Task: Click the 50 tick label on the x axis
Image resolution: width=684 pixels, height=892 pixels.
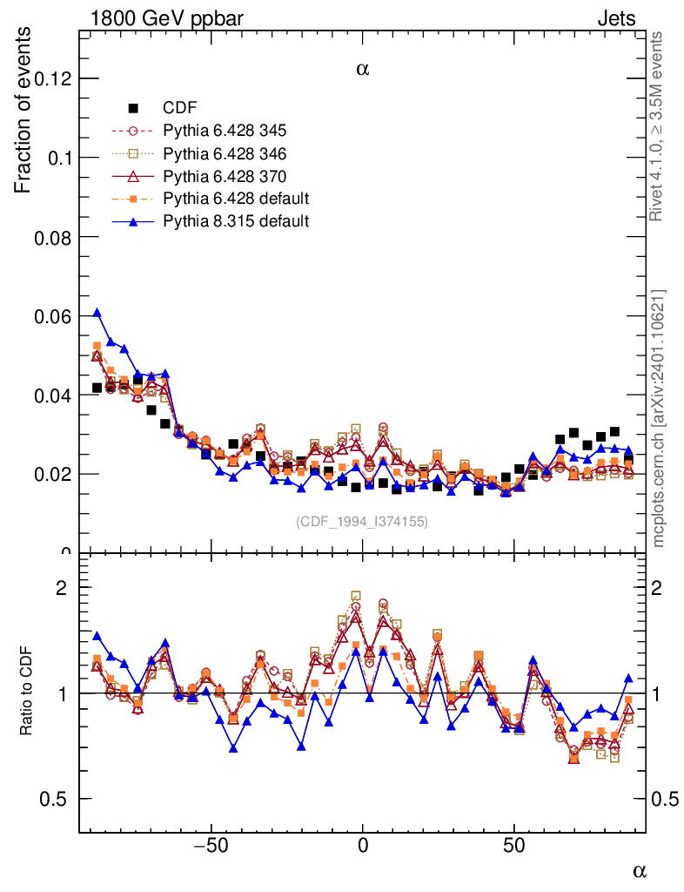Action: (x=514, y=845)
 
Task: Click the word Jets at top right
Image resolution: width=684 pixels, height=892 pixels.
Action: (x=616, y=18)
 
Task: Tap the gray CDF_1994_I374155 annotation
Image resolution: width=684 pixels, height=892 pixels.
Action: (x=362, y=521)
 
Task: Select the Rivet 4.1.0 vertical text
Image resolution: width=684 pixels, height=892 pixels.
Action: (x=659, y=125)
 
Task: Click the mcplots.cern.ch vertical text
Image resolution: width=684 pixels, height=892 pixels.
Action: (x=659, y=418)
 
